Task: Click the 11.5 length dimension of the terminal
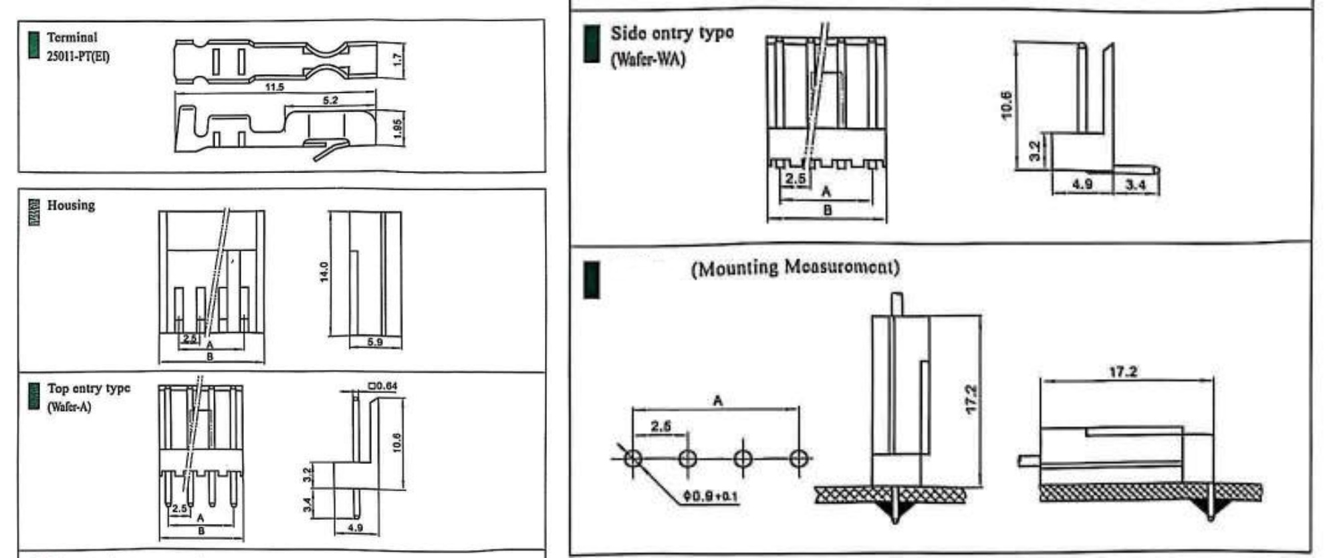pos(274,87)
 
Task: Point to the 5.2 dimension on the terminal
pos(330,101)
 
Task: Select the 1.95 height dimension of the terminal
pos(398,130)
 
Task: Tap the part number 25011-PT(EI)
pos(78,56)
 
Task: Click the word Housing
pos(71,205)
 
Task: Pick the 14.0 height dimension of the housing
pos(324,272)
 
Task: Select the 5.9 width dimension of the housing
pos(375,342)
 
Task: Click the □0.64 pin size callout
pos(382,386)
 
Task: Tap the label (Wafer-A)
pos(69,406)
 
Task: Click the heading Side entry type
pos(671,33)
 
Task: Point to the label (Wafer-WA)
pos(648,59)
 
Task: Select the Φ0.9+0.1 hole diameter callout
pos(710,497)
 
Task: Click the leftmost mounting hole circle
pos(633,458)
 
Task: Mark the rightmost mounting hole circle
pos(798,458)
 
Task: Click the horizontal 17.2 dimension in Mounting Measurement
pos(1123,372)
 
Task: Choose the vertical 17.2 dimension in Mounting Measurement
pos(972,399)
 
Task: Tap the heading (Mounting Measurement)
pos(795,267)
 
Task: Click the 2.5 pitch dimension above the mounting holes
pos(660,426)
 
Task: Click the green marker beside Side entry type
pos(591,44)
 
